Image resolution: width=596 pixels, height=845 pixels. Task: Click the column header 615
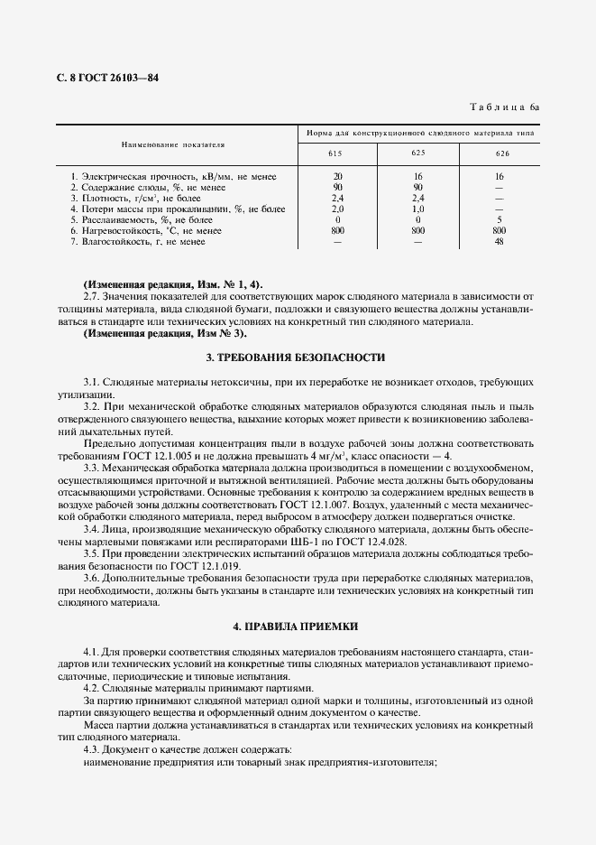point(337,153)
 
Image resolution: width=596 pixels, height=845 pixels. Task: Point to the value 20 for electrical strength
point(337,176)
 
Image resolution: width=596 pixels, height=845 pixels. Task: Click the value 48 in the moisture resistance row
point(500,241)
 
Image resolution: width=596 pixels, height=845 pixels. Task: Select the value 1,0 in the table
point(418,209)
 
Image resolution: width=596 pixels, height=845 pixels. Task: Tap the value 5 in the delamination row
point(500,219)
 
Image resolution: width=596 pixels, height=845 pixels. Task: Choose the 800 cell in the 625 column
point(418,230)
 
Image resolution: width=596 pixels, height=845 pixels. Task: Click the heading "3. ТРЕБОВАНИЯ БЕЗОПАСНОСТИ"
point(296,357)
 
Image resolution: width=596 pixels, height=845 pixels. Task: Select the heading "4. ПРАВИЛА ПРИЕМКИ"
point(296,626)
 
